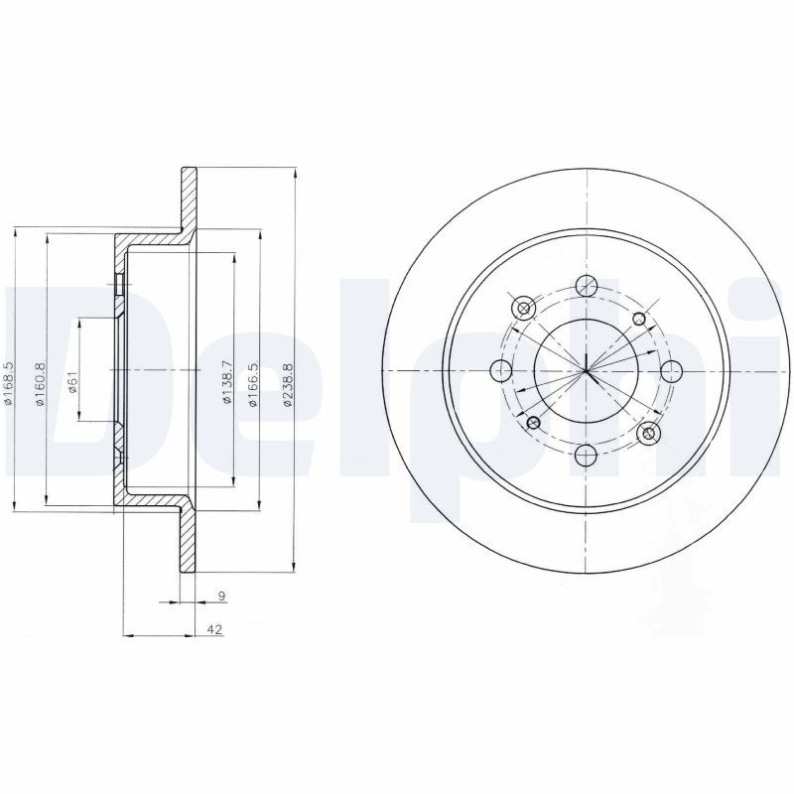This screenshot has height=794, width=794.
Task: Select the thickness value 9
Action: pos(221,596)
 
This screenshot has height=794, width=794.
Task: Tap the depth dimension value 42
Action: pos(215,629)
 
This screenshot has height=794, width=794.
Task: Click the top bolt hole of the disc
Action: pos(587,285)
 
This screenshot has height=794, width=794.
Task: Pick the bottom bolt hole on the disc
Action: pos(587,456)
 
